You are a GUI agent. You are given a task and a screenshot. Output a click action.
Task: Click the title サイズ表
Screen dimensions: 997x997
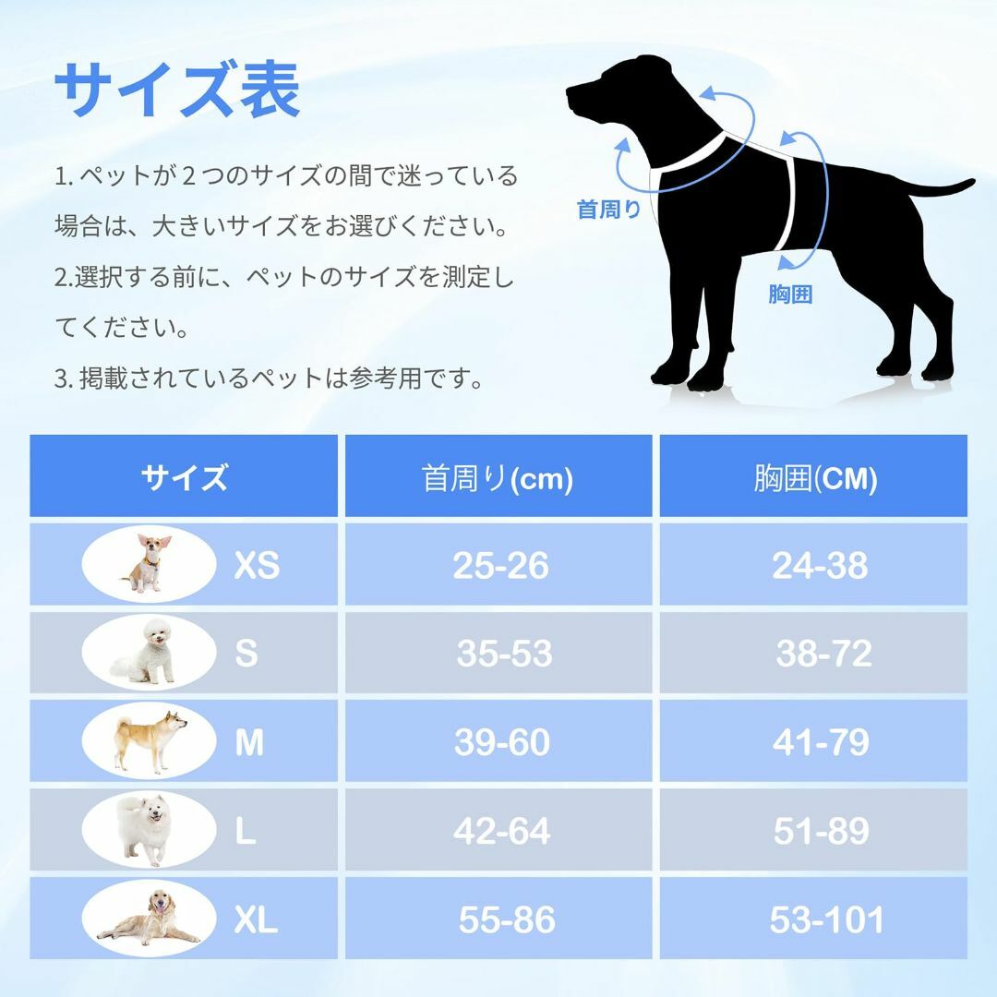click(x=177, y=90)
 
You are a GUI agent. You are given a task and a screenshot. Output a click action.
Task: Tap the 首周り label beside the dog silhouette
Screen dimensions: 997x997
click(x=608, y=210)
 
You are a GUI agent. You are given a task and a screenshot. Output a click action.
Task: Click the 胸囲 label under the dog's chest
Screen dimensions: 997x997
click(x=790, y=294)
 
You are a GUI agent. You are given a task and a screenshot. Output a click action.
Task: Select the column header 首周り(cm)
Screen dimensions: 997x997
click(x=498, y=478)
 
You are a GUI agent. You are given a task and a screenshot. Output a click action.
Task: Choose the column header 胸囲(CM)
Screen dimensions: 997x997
click(x=815, y=478)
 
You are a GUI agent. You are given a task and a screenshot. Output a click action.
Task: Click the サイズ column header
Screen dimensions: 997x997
click(x=185, y=477)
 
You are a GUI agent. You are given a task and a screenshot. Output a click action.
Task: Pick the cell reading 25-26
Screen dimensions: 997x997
click(x=500, y=565)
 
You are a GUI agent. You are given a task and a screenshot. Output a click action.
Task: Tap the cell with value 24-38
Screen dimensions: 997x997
click(x=820, y=565)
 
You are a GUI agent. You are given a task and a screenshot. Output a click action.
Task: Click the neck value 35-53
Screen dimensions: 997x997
click(x=504, y=653)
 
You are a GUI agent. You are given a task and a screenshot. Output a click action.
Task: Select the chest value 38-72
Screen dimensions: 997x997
click(x=823, y=653)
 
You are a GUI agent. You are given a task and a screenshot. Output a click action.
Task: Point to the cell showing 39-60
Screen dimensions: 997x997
click(x=501, y=742)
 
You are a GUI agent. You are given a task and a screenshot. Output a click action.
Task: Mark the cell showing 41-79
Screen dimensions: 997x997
click(x=821, y=742)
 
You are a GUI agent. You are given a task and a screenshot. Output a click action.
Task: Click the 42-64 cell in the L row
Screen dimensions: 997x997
click(x=501, y=831)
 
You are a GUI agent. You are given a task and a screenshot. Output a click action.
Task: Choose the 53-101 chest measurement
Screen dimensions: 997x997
click(x=826, y=919)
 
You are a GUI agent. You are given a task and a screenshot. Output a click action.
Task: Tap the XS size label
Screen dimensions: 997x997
click(x=257, y=565)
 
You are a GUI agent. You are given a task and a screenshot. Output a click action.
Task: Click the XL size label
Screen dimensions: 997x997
click(x=257, y=919)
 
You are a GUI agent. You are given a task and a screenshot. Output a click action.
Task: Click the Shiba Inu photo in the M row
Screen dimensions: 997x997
click(x=150, y=740)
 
